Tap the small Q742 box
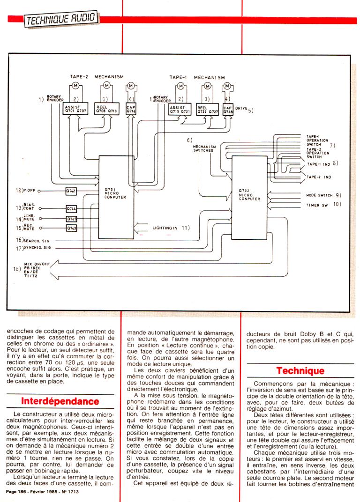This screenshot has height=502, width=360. pos(72,191)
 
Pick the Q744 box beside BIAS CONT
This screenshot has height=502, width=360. pos(71,209)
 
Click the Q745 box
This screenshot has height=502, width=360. pos(71,219)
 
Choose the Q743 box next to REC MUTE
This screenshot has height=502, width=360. pos(71,228)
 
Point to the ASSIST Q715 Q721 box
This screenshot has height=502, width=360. pos(180,110)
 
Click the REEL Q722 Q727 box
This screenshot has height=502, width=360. pos(208,110)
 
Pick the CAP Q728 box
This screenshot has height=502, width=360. pos(228,110)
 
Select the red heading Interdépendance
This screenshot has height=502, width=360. pos(60,401)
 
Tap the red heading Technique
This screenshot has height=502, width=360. pos(300,370)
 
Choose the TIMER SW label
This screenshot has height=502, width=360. pos(316,205)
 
